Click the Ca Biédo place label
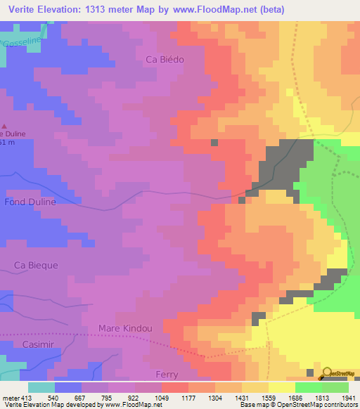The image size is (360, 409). tap(164, 60)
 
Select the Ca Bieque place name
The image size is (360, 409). tap(36, 265)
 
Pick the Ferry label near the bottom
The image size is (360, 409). tap(167, 374)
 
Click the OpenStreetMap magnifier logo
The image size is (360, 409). tap(326, 372)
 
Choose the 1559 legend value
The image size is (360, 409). tap(259, 397)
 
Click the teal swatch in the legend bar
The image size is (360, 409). tap(41, 387)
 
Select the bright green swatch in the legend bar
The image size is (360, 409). tap(308, 387)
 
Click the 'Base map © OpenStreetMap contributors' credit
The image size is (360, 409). tap(298, 405)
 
